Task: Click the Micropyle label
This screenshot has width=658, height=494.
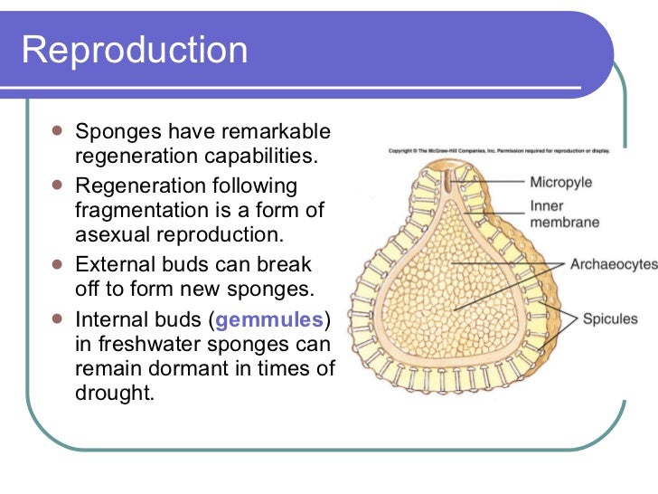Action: [x=560, y=182]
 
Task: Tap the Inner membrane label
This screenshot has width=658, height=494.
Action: [x=564, y=214]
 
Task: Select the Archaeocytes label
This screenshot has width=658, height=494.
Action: [x=613, y=265]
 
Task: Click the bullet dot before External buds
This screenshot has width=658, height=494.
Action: [x=57, y=264]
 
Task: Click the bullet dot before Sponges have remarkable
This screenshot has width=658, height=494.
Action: [x=57, y=131]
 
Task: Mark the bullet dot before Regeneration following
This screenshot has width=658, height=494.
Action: [x=57, y=185]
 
